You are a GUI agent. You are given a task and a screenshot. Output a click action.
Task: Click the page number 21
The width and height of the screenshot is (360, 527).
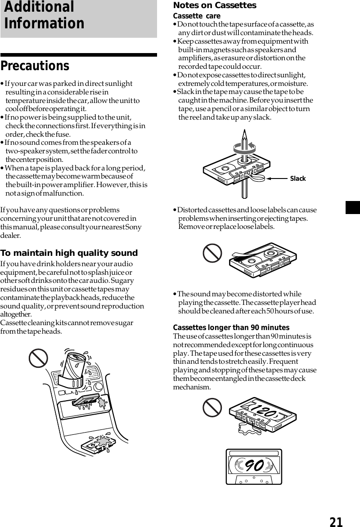point(336,522)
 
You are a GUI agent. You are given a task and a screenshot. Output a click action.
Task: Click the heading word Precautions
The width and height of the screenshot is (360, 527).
point(35,66)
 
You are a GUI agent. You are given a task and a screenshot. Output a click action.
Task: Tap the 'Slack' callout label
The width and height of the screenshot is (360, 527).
point(298,179)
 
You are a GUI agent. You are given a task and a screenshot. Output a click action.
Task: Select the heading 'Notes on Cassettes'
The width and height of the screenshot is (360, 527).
point(215,5)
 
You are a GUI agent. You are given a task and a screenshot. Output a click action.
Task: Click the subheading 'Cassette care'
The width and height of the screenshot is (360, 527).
point(197,16)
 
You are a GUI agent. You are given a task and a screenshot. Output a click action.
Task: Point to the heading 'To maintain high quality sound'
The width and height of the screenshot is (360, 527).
point(69,253)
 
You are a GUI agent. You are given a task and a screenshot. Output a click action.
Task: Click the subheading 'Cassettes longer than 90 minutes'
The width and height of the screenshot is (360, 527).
point(231,327)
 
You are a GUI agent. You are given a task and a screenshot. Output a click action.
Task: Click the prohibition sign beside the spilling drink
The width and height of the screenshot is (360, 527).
point(38,359)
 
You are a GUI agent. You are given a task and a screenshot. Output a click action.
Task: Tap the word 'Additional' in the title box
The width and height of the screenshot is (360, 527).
point(39,7)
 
